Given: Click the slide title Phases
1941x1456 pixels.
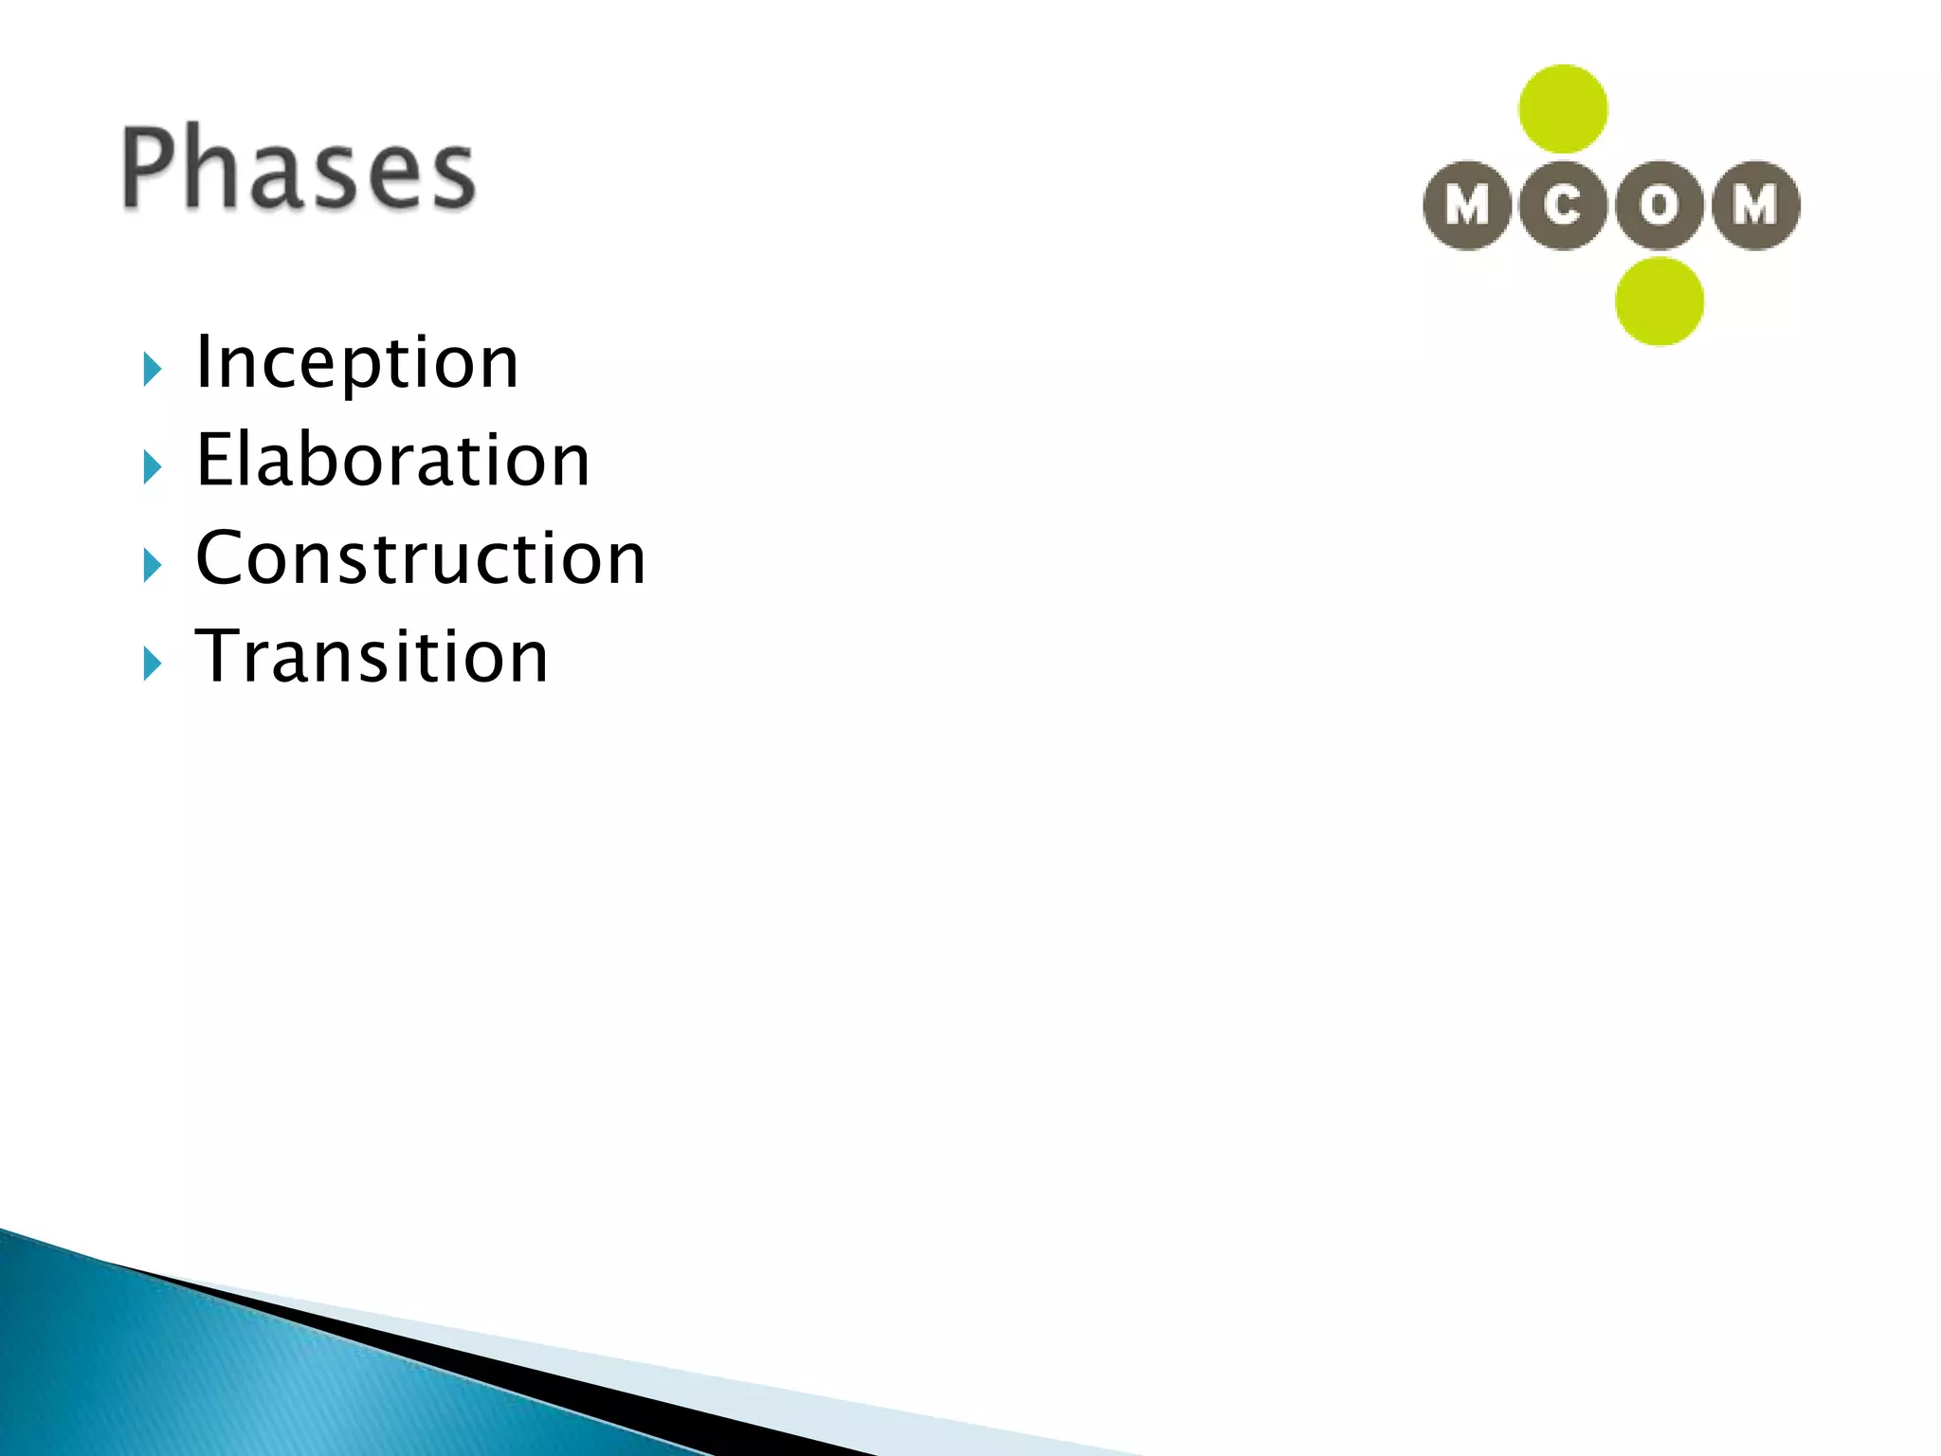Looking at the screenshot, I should click(x=298, y=168).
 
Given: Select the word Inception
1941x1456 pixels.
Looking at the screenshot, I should click(x=356, y=363).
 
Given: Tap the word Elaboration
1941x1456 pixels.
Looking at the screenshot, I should click(x=392, y=461).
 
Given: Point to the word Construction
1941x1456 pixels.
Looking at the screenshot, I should click(x=420, y=558).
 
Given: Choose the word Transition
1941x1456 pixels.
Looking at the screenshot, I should click(x=372, y=657).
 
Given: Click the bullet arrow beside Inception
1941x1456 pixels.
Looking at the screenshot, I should click(x=153, y=369).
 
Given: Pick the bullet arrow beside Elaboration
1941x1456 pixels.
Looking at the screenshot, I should click(x=153, y=467).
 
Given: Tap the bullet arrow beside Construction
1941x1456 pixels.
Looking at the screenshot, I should click(x=153, y=566).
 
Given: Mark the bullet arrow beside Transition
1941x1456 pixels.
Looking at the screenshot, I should click(x=153, y=664).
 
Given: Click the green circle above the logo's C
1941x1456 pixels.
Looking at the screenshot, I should click(x=1563, y=109).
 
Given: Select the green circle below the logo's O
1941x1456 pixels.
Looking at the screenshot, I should click(x=1660, y=301).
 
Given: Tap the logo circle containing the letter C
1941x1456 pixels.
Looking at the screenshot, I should click(x=1563, y=205).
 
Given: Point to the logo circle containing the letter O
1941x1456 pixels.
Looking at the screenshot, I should click(x=1660, y=205).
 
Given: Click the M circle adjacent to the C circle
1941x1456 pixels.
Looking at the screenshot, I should click(x=1467, y=205).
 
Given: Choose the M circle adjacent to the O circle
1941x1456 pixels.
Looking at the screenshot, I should click(x=1756, y=205).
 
